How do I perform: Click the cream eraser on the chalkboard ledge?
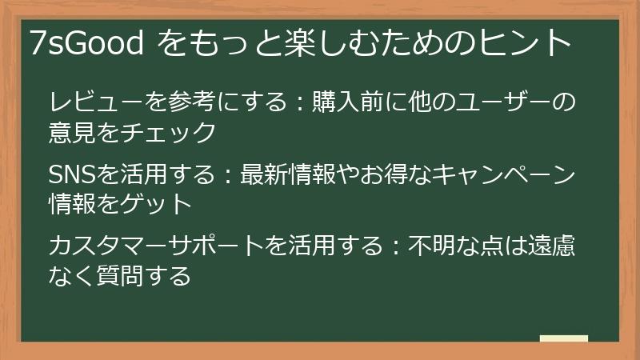[x=563, y=338]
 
